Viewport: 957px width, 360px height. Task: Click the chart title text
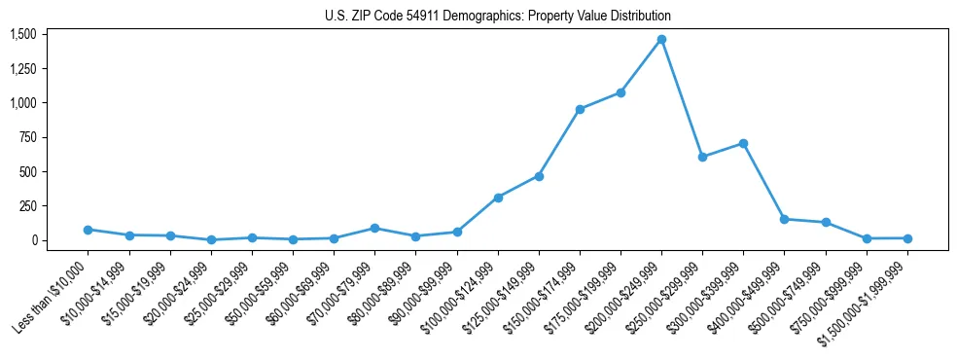(x=497, y=17)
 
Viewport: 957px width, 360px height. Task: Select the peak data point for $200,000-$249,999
(x=661, y=39)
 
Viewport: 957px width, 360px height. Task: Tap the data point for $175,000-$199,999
(x=620, y=92)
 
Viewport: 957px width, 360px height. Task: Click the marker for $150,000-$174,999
(x=580, y=109)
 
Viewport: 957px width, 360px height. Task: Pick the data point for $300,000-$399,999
(x=743, y=143)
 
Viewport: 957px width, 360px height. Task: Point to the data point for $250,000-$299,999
(x=702, y=157)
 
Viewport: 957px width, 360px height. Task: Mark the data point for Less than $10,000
(x=89, y=230)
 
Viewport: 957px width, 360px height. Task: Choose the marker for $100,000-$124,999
(x=498, y=198)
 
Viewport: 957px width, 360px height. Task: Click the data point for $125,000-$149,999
(x=539, y=176)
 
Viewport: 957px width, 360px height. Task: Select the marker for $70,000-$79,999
(x=375, y=228)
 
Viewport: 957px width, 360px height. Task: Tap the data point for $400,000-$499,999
(x=784, y=219)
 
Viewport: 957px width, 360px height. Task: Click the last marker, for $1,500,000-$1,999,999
(x=907, y=238)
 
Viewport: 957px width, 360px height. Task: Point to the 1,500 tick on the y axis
(x=23, y=34)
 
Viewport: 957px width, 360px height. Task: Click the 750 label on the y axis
(x=27, y=137)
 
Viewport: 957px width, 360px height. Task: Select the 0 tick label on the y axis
(x=33, y=240)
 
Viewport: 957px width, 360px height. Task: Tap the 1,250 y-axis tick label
(x=23, y=69)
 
